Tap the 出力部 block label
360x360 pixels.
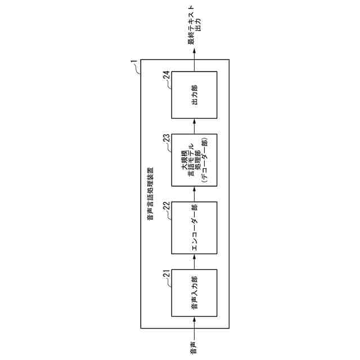(194, 94)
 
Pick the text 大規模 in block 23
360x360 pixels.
(184, 156)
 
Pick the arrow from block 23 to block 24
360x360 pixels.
(194, 126)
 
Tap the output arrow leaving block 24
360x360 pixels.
(194, 59)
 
